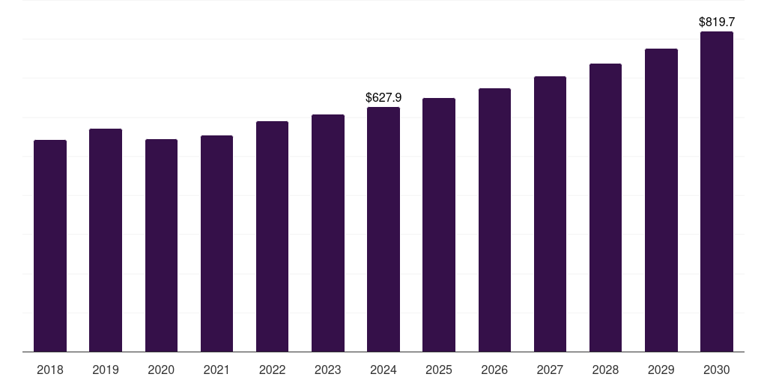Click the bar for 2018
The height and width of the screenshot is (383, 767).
point(50,245)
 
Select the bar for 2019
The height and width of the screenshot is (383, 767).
point(106,240)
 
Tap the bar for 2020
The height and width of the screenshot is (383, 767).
point(161,245)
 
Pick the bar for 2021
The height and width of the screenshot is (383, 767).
point(216,243)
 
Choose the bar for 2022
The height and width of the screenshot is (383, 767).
point(272,236)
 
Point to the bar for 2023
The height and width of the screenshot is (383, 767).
point(328,233)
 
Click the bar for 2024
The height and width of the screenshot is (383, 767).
point(383,229)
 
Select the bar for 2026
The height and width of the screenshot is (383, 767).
point(494,220)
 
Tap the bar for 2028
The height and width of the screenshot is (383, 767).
point(605,207)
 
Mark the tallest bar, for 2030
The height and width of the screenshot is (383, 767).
point(717,191)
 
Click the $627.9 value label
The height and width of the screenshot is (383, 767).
point(383,97)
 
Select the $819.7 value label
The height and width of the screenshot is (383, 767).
point(717,22)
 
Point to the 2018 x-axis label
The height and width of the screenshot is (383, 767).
point(50,370)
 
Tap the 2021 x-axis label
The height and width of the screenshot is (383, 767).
point(216,370)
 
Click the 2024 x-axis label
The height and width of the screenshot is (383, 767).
point(383,370)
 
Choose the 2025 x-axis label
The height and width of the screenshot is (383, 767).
point(439,370)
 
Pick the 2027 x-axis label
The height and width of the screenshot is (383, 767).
point(550,370)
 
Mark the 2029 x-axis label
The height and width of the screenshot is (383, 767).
point(661,370)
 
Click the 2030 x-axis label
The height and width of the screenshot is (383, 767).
point(717,370)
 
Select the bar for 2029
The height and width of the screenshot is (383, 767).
point(661,200)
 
